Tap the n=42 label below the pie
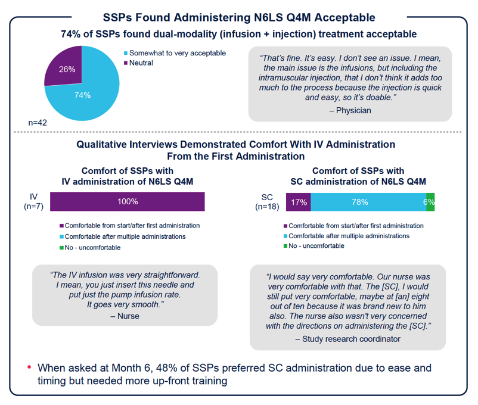[x=38, y=123]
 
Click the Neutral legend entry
[x=138, y=63]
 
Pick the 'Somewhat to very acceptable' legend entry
[x=175, y=53]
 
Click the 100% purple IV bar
[x=128, y=201]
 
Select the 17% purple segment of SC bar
[x=299, y=202]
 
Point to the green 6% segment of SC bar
[x=430, y=202]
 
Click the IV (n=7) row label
[x=33, y=201]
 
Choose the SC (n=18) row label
[x=267, y=202]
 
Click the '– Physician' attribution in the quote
[x=350, y=110]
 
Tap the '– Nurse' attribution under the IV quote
[x=125, y=316]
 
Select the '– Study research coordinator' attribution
[x=348, y=339]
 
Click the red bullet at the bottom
[x=29, y=367]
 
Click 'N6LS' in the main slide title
[x=269, y=18]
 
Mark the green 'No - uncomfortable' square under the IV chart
[x=61, y=248]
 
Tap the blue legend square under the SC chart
[x=285, y=236]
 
